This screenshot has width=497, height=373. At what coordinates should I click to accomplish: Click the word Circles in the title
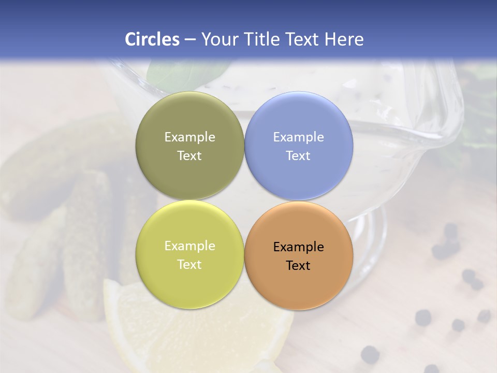point(152,39)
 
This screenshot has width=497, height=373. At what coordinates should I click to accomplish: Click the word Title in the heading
point(261,39)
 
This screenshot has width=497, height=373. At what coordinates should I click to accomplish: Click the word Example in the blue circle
point(298,137)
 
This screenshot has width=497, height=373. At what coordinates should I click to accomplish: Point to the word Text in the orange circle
point(298,266)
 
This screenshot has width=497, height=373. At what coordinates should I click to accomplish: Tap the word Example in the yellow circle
point(189,246)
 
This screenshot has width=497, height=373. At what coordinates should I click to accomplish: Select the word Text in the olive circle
point(189,156)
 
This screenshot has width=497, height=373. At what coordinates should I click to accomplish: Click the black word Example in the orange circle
point(298,247)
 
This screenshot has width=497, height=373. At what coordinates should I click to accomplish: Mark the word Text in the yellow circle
point(189,265)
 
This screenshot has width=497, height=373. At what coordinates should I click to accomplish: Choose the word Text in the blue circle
point(298,156)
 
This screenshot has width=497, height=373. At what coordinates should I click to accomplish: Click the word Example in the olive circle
point(189,137)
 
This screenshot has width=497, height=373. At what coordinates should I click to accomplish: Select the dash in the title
point(190,40)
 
